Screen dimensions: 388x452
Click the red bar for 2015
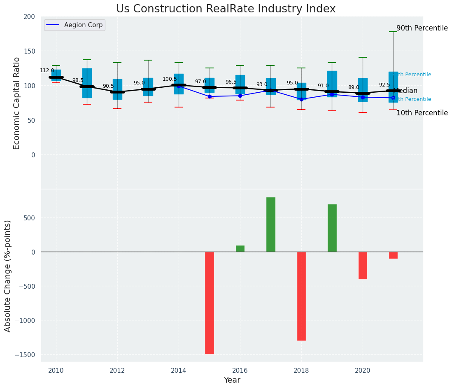pyautogui.click(x=210, y=303)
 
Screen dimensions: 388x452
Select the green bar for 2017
pyautogui.click(x=270, y=224)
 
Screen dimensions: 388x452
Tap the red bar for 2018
pyautogui.click(x=301, y=296)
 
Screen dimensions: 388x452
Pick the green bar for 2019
pyautogui.click(x=332, y=228)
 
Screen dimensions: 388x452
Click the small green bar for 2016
pyautogui.click(x=240, y=248)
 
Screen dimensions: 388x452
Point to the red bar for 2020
pyautogui.click(x=363, y=265)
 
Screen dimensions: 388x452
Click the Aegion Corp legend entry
pyautogui.click(x=75, y=25)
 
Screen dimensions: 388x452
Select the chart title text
pyautogui.click(x=226, y=9)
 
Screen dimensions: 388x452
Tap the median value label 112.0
pyautogui.click(x=47, y=70)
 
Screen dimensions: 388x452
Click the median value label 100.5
pyautogui.click(x=170, y=79)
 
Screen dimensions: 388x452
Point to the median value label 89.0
pyautogui.click(x=354, y=87)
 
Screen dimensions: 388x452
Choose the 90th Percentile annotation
pyautogui.click(x=422, y=28)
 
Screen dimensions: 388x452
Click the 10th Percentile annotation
pyautogui.click(x=422, y=113)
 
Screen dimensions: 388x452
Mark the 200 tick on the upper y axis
pyautogui.click(x=30, y=16)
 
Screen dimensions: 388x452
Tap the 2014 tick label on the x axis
pyautogui.click(x=179, y=370)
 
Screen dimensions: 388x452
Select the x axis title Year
pyautogui.click(x=232, y=380)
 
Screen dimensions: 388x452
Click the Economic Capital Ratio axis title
pyautogui.click(x=17, y=103)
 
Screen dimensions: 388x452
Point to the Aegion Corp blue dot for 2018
pyautogui.click(x=301, y=99)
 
